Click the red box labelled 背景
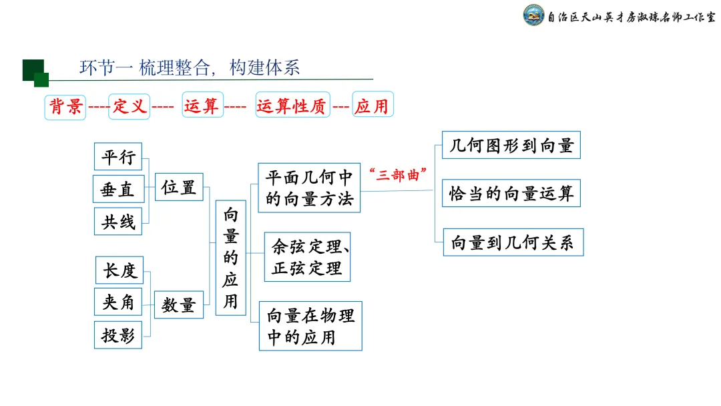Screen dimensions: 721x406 click(65, 106)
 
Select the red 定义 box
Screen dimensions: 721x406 click(129, 106)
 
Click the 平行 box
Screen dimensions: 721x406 click(118, 157)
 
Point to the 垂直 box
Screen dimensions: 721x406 click(117, 190)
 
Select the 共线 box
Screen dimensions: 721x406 click(118, 222)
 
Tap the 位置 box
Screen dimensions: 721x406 click(179, 188)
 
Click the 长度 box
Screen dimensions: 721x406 click(119, 270)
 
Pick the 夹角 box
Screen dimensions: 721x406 click(119, 302)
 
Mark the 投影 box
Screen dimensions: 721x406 click(118, 335)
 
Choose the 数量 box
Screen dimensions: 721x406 click(179, 305)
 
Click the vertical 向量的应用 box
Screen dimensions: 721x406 click(230, 257)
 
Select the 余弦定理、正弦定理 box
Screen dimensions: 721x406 click(308, 257)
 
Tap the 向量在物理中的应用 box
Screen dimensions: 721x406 click(310, 326)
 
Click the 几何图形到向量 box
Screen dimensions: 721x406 click(511, 145)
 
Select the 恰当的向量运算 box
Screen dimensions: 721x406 click(511, 194)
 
